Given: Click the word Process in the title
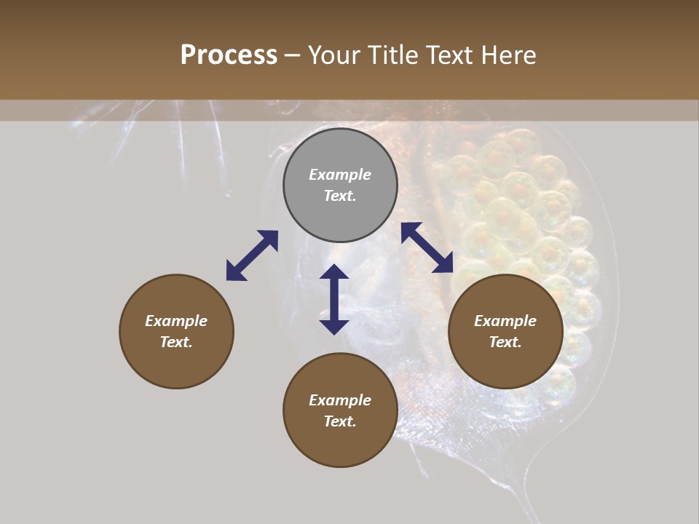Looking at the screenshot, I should coord(229,55).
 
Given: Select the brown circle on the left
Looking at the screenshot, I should coord(176,331).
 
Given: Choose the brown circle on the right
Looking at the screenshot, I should coord(505,331).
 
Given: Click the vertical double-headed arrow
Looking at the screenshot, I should coord(334,299).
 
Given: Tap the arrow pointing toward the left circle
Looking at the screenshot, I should coord(252,255).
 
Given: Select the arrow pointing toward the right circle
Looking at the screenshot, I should coord(427,247).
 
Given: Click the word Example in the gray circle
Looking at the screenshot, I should coord(340,175).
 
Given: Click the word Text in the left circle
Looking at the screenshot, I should coord(176,342).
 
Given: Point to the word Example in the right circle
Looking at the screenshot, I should coord(505,321).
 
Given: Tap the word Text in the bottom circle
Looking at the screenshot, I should coord(340,421).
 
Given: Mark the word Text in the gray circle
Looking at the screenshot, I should coord(340,196).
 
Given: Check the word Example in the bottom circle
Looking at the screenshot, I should coord(340,400).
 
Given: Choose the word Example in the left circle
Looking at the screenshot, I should coord(176,321).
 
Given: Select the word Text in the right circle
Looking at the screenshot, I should coord(505,342).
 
